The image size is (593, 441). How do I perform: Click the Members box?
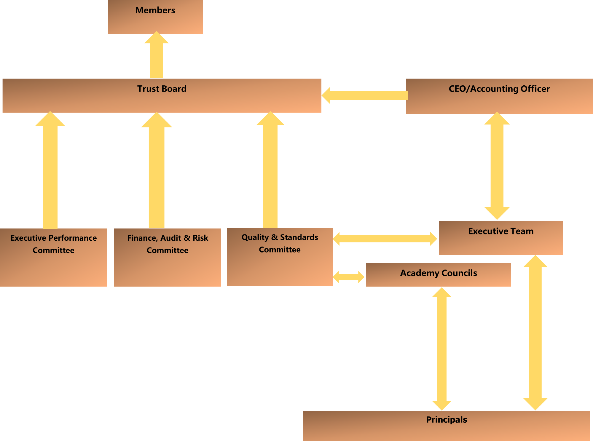point(155,17)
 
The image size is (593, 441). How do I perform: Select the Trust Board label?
point(162,89)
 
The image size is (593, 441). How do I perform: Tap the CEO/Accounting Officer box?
point(499,96)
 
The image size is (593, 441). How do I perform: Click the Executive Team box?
point(501,238)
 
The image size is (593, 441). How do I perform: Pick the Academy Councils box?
point(438,274)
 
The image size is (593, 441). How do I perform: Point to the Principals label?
point(447,420)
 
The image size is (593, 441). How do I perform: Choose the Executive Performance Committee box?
point(53,257)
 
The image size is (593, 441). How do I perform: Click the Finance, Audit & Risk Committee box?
point(167,257)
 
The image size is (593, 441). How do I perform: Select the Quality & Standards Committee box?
point(280,257)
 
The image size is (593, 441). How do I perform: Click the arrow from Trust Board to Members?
point(157,56)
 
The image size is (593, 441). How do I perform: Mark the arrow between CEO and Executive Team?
point(497,166)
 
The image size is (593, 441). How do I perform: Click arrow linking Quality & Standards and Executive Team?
point(385,239)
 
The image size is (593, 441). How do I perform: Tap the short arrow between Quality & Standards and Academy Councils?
point(349,277)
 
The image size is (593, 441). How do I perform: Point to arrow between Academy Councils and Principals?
point(441,348)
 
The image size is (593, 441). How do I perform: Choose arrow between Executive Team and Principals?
point(535,332)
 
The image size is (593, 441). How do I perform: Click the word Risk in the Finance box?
point(200,238)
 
